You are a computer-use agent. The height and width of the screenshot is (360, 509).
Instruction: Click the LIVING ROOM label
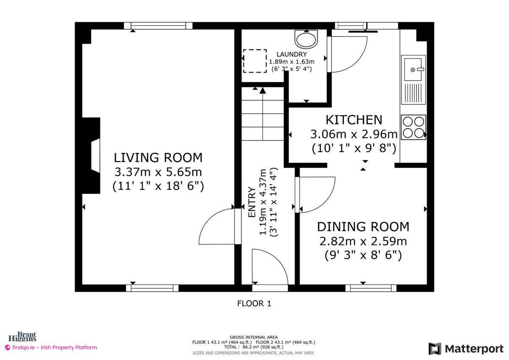click(x=158, y=158)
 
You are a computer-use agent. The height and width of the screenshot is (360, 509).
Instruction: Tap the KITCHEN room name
click(x=354, y=120)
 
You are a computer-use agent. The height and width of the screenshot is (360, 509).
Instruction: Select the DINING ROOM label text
click(x=363, y=227)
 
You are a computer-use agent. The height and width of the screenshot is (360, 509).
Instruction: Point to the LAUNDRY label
click(x=291, y=54)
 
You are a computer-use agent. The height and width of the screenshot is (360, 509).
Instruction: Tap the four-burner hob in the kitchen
click(x=413, y=127)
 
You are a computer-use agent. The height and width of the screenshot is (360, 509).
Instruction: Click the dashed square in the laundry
click(x=255, y=61)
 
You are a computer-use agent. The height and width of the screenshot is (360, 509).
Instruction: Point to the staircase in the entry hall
click(x=263, y=114)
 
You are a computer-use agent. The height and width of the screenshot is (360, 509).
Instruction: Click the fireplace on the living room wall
click(x=91, y=156)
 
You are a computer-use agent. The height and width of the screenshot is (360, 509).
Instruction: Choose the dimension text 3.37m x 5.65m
click(x=158, y=172)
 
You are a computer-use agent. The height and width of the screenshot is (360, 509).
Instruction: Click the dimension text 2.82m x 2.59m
click(x=363, y=242)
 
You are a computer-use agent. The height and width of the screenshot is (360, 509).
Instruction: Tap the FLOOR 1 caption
click(x=254, y=304)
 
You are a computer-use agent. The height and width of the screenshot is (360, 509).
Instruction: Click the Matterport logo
click(x=466, y=349)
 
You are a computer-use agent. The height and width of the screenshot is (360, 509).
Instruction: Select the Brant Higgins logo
click(x=26, y=337)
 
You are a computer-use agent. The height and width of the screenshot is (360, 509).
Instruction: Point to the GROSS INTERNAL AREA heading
click(x=254, y=337)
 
